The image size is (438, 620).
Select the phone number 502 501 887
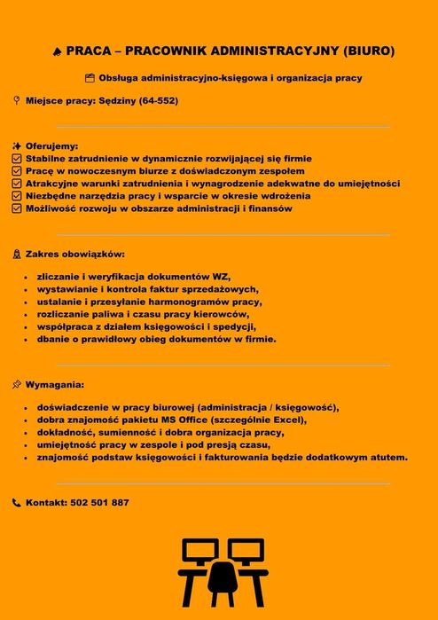(x=99, y=502)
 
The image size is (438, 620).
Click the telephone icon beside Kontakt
(x=17, y=503)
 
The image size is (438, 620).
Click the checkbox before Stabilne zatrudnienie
(x=17, y=158)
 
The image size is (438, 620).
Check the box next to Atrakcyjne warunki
(x=17, y=184)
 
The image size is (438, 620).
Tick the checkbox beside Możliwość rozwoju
(x=17, y=208)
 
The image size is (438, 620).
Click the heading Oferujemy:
(x=51, y=145)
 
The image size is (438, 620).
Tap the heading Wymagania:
(x=55, y=385)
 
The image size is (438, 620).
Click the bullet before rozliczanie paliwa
(x=27, y=314)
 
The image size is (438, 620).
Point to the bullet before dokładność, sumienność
(x=27, y=433)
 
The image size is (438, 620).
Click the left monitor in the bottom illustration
(x=199, y=552)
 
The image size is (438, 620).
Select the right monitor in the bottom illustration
(x=248, y=552)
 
